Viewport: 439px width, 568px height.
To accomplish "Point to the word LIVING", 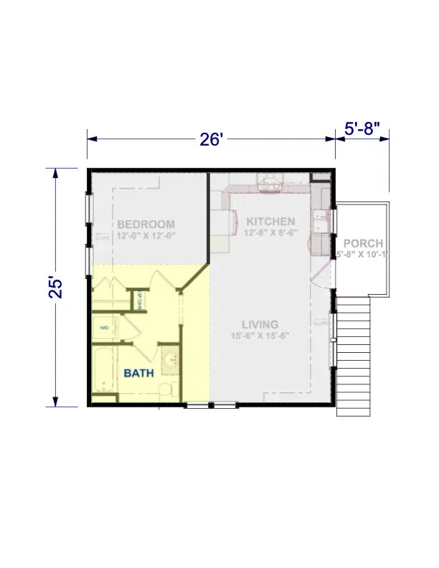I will pyautogui.click(x=260, y=324).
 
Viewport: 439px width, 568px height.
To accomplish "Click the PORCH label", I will pyautogui.click(x=362, y=243).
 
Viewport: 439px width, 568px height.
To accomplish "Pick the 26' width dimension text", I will pyautogui.click(x=212, y=139).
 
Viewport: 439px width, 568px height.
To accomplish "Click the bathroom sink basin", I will pyautogui.click(x=171, y=360).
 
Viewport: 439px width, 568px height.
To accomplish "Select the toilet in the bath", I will pyautogui.click(x=164, y=390).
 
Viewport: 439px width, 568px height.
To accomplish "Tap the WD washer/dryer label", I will pyautogui.click(x=104, y=328).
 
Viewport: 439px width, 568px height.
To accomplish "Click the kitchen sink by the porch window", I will pyautogui.click(x=321, y=222).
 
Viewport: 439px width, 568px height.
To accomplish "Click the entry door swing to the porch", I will pyautogui.click(x=323, y=276).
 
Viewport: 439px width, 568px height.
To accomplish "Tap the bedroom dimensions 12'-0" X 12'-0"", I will pyautogui.click(x=146, y=235).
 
